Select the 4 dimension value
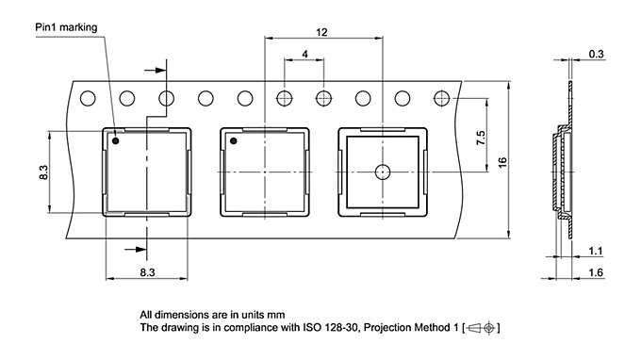click(x=304, y=55)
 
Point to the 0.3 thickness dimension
click(x=596, y=54)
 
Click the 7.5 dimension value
click(x=481, y=138)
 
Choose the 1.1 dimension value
click(x=595, y=251)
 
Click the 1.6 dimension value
click(x=595, y=273)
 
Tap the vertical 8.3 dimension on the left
click(x=43, y=173)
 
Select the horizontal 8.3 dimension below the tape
click(x=148, y=271)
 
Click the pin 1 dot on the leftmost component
click(x=116, y=142)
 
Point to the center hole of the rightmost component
click(x=382, y=172)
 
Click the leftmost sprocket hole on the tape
click(x=89, y=97)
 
